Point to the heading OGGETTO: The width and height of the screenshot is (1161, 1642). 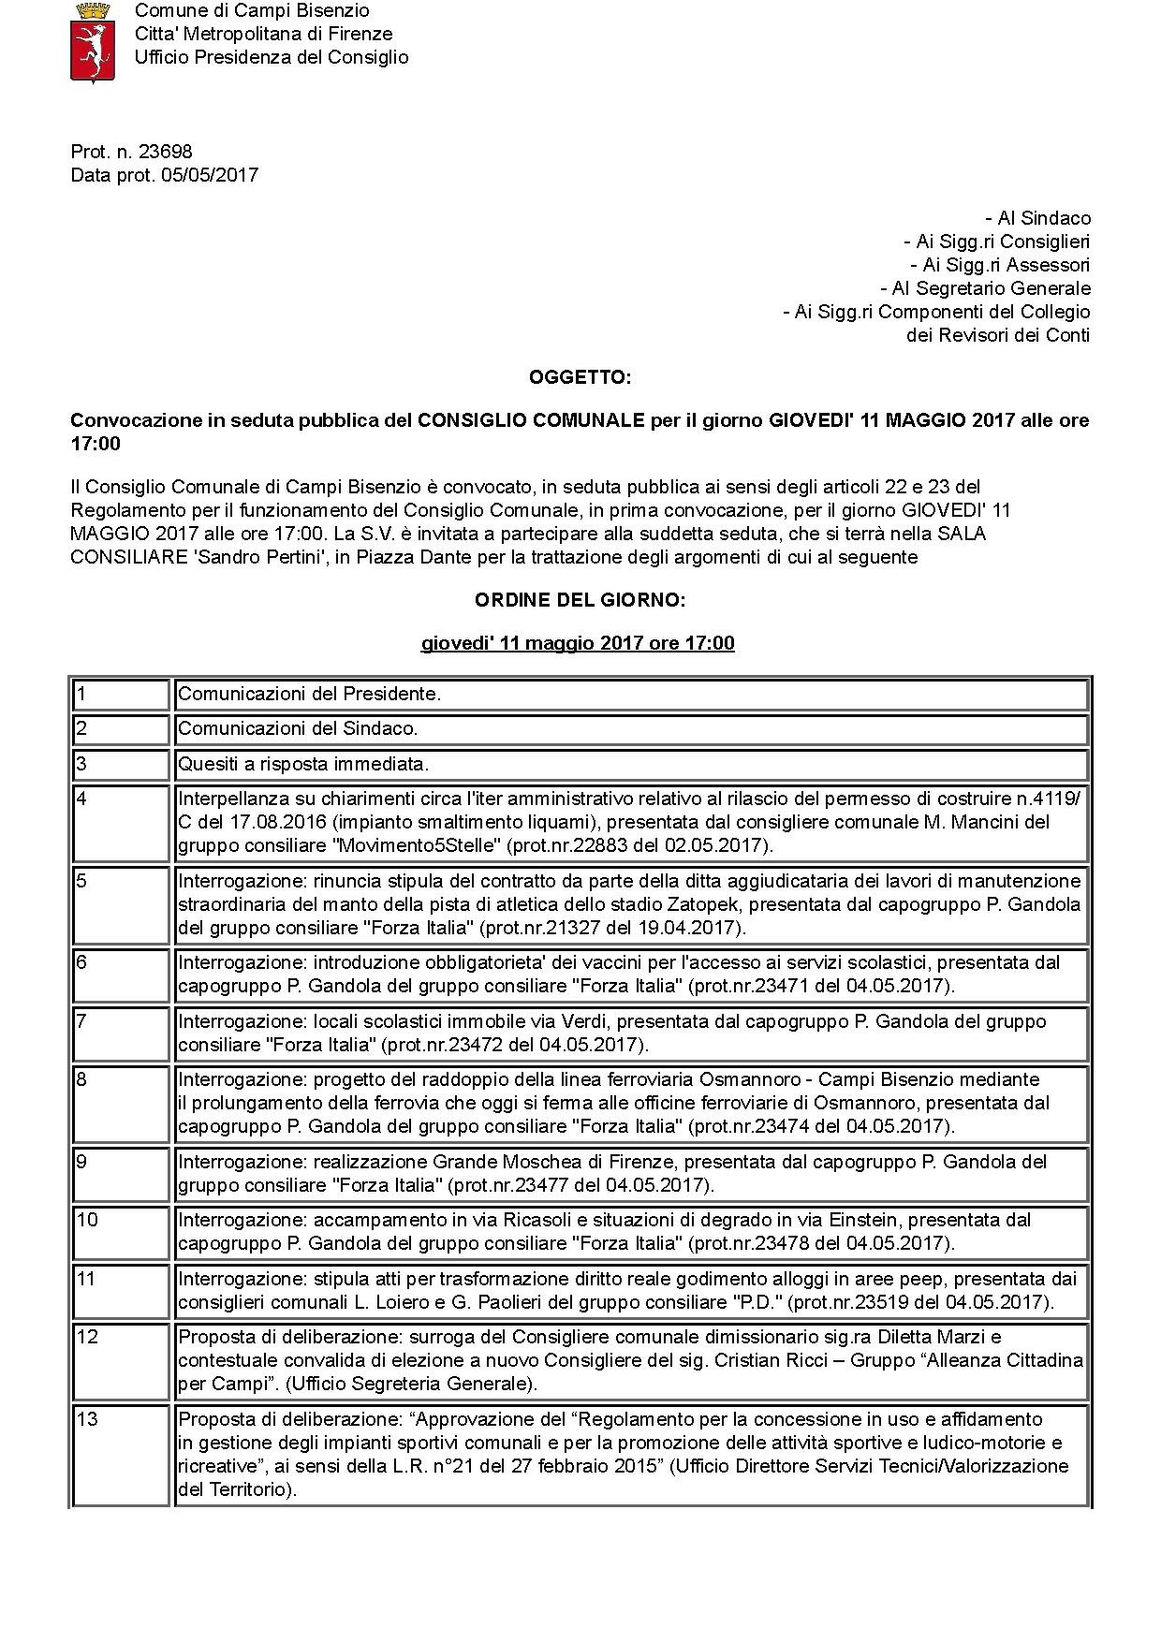tap(580, 377)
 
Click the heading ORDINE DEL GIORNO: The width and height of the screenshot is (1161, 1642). tap(580, 600)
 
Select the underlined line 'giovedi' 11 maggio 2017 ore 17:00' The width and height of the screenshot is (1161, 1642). tap(578, 643)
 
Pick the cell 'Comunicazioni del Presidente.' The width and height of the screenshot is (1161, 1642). tap(309, 694)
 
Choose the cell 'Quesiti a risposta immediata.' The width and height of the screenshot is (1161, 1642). tap(303, 764)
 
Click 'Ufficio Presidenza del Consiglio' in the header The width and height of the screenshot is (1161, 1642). tap(272, 57)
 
